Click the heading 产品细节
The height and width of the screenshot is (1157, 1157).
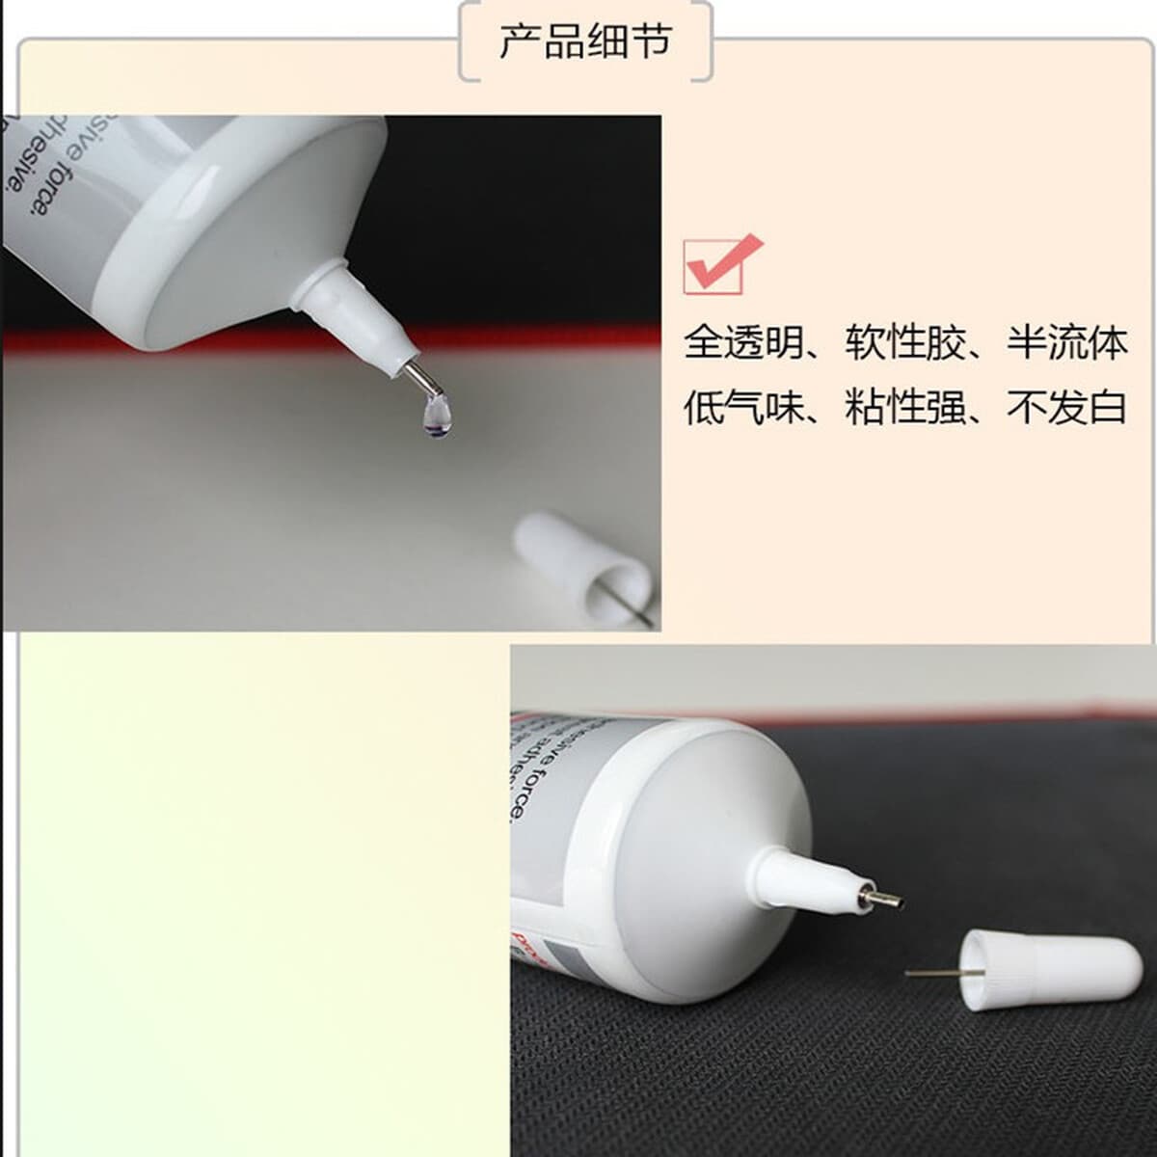coord(584,43)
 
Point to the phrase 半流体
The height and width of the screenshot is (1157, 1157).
coord(1067,343)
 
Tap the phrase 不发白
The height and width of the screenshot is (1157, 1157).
coord(1067,408)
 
